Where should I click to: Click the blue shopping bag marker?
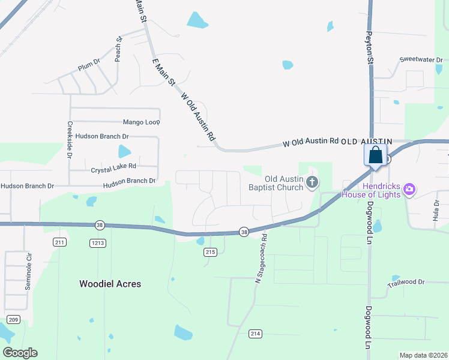(x=376, y=155)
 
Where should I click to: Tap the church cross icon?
(x=312, y=182)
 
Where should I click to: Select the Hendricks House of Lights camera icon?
(x=409, y=190)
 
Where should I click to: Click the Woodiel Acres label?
(x=110, y=284)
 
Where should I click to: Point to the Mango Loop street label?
(x=142, y=122)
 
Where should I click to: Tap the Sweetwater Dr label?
(x=421, y=60)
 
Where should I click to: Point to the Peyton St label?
(x=370, y=49)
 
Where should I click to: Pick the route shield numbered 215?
(x=209, y=252)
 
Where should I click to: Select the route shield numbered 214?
(x=255, y=333)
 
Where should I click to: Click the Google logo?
(x=20, y=353)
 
